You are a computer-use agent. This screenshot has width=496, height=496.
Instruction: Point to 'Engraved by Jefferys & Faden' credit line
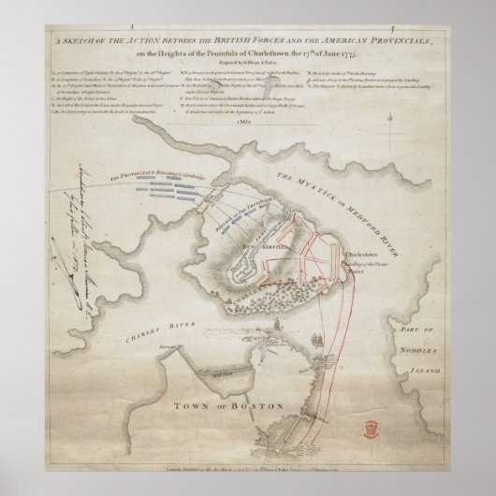pyautogui.click(x=248, y=69)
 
